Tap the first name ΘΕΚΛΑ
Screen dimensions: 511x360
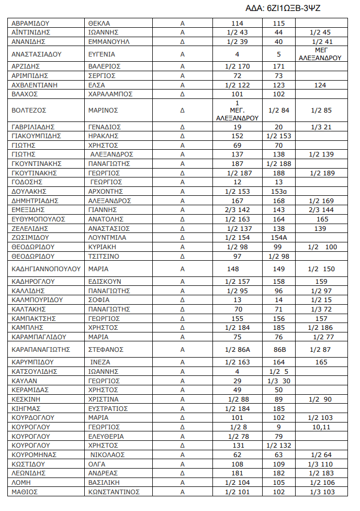(99, 24)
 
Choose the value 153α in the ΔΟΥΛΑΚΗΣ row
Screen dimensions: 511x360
(278, 191)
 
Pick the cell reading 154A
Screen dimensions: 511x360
(278, 237)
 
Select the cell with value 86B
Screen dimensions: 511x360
(278, 349)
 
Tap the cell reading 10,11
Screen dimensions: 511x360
(321, 427)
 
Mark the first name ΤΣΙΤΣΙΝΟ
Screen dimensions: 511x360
(104, 256)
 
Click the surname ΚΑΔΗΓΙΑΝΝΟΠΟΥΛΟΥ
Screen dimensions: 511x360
(46, 269)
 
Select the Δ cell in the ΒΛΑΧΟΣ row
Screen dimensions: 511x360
(183, 94)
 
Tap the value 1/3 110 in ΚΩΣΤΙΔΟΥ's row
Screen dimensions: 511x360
(321, 464)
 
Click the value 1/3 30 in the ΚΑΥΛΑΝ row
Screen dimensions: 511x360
(278, 381)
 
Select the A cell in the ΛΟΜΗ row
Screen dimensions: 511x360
(183, 482)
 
